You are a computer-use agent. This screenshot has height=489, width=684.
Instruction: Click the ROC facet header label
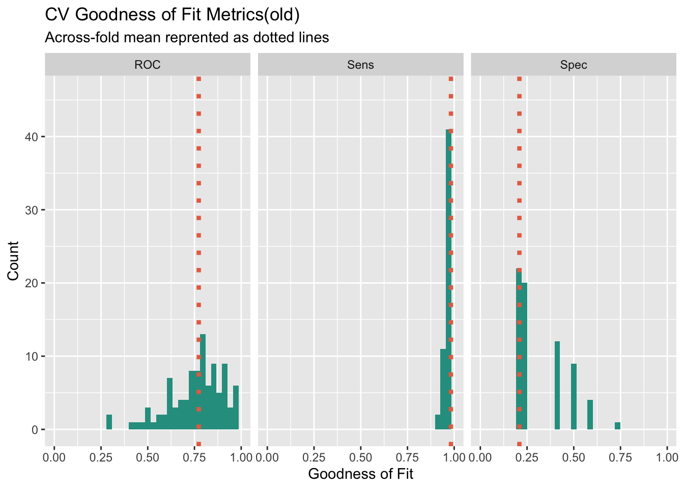148,65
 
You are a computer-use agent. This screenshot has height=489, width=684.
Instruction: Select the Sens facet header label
360,65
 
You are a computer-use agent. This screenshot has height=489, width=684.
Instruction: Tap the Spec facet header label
574,65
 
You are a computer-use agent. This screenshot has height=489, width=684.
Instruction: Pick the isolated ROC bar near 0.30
109,422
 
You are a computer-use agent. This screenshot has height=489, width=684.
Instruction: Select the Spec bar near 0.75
617,426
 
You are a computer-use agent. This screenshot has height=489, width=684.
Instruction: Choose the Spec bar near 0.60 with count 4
590,415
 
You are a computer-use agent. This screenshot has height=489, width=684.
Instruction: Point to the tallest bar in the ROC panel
203,382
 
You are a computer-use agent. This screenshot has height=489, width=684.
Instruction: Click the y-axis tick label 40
32,137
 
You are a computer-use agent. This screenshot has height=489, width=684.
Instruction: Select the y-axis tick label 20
32,283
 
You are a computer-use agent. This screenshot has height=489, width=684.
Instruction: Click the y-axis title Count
13,261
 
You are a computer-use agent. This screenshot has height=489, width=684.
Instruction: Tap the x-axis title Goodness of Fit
360,474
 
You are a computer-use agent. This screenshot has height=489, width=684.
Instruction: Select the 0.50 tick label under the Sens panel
360,457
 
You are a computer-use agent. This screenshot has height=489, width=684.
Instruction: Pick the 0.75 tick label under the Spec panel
620,457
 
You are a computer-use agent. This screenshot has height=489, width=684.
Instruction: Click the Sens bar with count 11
443,389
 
